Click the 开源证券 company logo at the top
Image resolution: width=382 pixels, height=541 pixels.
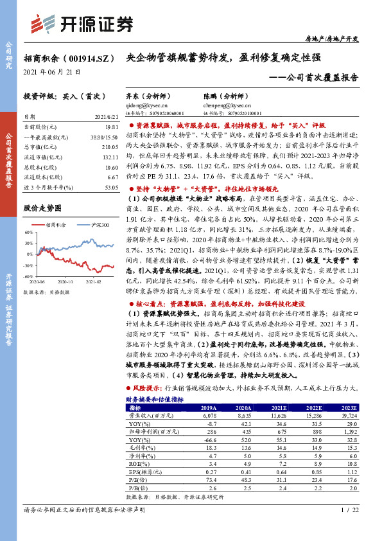click(93, 24)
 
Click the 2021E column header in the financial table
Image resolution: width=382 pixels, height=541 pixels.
click(279, 407)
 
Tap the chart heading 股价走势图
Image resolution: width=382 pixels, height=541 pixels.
click(42, 208)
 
